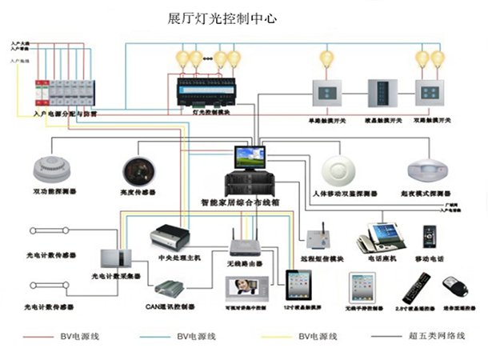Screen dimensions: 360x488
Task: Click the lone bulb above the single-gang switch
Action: click(326, 58)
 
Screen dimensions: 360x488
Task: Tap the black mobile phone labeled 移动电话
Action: click(430, 238)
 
